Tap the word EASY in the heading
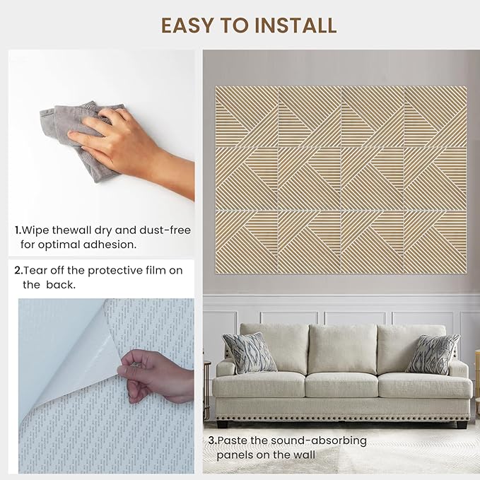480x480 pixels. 187,25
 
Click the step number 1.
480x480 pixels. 18,230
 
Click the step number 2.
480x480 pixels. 18,271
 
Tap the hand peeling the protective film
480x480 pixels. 156,377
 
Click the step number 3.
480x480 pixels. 212,440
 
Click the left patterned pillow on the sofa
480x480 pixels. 249,353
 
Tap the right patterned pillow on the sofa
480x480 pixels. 432,354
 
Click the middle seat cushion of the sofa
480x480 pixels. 341,385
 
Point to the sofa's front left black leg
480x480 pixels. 223,424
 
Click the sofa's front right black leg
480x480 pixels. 462,425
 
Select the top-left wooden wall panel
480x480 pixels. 247,117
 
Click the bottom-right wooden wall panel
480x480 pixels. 435,242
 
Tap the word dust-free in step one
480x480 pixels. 165,230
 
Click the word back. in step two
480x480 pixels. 61,285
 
